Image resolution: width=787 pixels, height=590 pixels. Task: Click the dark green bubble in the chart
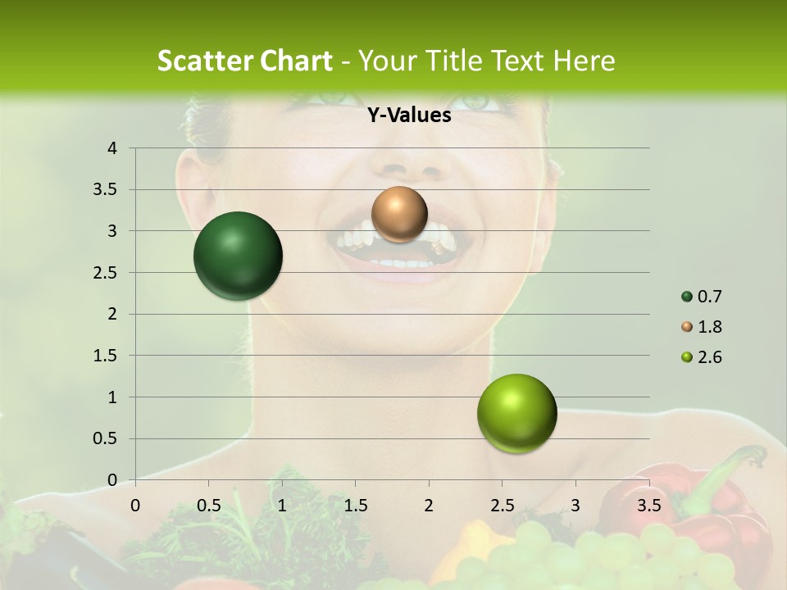click(x=238, y=256)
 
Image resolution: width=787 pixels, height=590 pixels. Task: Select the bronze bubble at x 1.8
click(x=399, y=214)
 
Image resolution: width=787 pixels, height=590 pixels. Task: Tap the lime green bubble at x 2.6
click(x=516, y=413)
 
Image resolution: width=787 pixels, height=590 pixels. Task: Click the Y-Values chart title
click(x=408, y=116)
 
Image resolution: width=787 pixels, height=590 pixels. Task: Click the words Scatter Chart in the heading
click(x=244, y=61)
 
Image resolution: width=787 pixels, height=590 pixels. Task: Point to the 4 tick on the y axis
click(x=111, y=148)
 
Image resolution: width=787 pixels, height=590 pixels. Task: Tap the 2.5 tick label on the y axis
click(x=105, y=273)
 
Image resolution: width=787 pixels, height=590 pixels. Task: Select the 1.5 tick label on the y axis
click(x=105, y=356)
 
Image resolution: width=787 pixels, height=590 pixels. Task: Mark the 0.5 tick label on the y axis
click(x=105, y=439)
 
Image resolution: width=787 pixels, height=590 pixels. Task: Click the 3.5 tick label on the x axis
click(x=648, y=506)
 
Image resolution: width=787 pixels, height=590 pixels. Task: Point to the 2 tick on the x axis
click(x=429, y=506)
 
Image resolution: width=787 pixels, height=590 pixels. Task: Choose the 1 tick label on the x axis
click(x=282, y=506)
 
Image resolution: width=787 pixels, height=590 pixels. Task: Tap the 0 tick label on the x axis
click(x=135, y=506)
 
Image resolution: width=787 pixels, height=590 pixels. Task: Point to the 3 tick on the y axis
click(x=111, y=231)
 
